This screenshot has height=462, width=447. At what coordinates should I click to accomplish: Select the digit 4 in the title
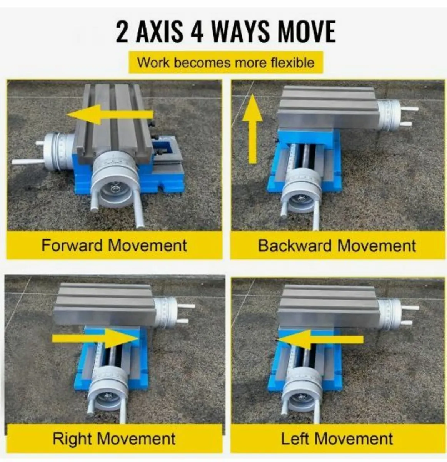(197, 32)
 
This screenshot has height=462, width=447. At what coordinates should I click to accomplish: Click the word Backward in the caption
(294, 246)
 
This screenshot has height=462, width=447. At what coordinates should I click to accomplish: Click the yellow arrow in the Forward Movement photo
(110, 114)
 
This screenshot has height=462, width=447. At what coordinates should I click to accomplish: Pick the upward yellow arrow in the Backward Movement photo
(252, 129)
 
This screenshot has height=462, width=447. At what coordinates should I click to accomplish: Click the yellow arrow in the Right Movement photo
(95, 338)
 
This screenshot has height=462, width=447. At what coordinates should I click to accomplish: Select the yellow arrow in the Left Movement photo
(320, 339)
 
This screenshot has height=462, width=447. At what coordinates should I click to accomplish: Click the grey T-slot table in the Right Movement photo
(104, 305)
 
